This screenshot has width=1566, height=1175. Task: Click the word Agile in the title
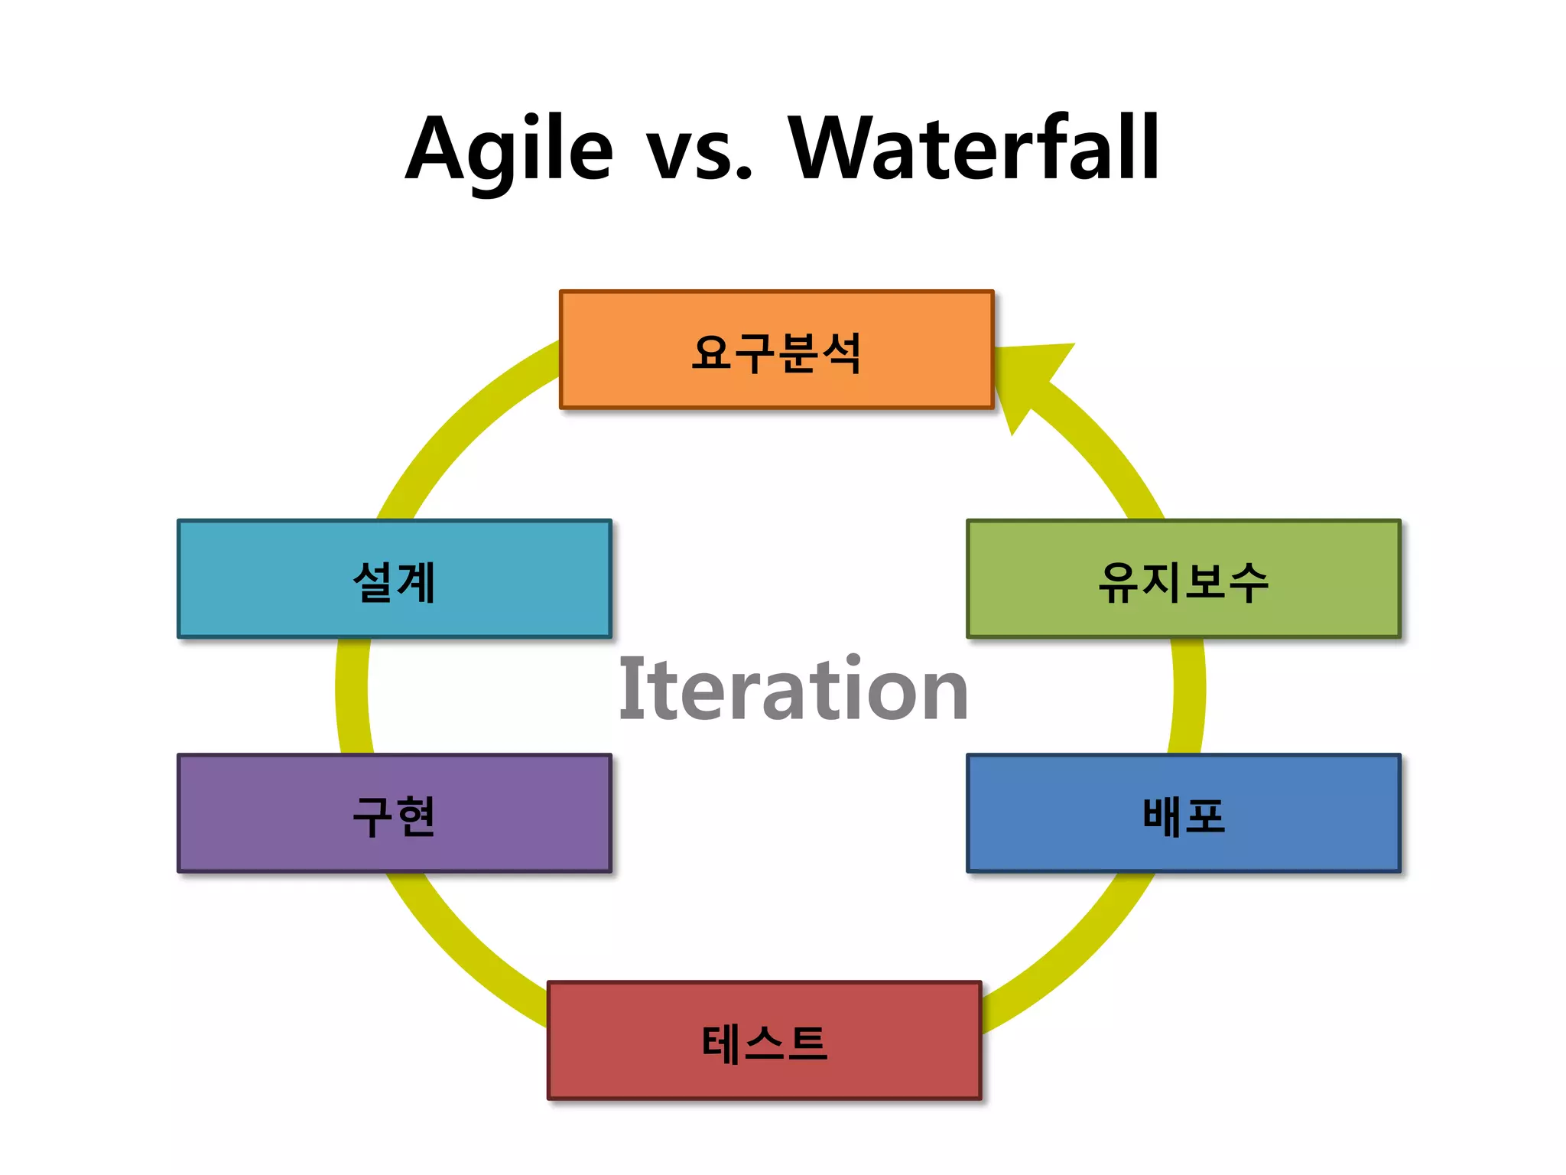[x=508, y=149]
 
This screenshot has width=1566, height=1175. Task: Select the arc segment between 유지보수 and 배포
[x=1188, y=696]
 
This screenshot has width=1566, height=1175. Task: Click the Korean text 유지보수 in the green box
[x=1183, y=582]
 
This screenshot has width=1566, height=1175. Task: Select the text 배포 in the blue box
[x=1183, y=816]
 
